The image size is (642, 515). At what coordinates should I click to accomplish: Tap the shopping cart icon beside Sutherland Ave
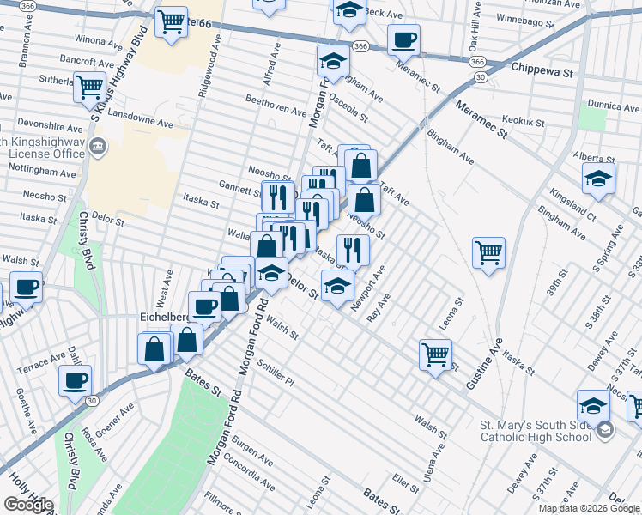(x=89, y=87)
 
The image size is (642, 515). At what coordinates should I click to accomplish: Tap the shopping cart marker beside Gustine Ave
(x=488, y=252)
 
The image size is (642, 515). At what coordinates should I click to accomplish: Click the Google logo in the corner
(x=27, y=505)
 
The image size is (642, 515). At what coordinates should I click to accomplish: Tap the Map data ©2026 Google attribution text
(x=589, y=508)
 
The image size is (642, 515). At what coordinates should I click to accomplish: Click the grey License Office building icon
(x=97, y=147)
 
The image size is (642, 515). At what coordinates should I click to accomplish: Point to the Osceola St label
(x=348, y=108)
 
